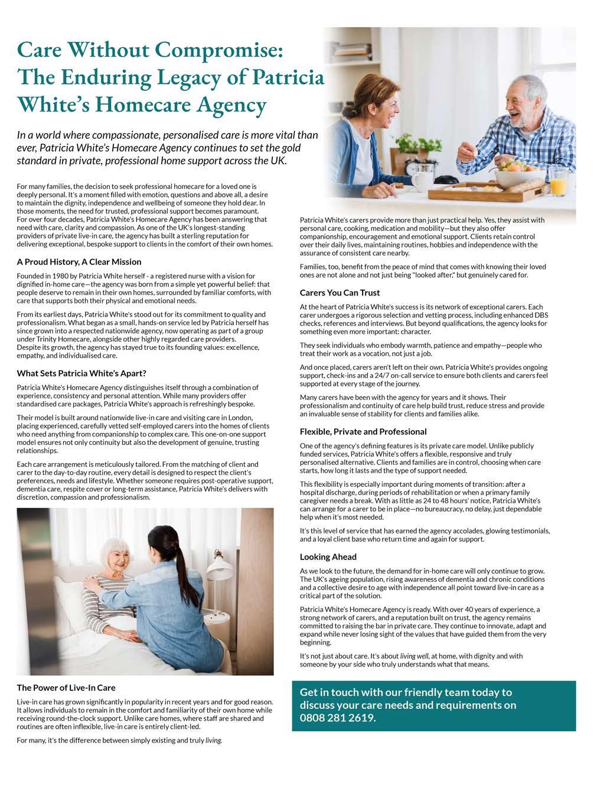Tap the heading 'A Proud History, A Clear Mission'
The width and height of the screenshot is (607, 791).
[79, 262]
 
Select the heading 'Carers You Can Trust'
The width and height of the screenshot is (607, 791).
[340, 292]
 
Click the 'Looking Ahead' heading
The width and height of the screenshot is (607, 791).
[328, 556]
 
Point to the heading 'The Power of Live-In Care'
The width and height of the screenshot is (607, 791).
[66, 688]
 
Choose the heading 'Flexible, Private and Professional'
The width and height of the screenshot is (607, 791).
[363, 431]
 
